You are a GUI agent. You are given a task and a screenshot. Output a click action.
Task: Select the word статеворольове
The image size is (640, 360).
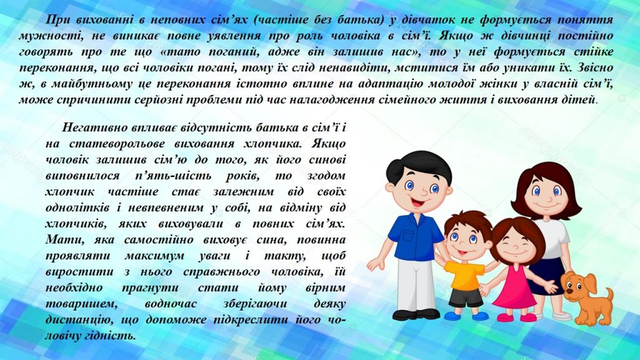click(x=117, y=144)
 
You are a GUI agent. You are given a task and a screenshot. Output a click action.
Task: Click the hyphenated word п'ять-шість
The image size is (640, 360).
click(x=173, y=176)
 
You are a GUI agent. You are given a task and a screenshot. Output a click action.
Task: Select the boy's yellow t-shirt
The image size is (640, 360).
click(x=464, y=276)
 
